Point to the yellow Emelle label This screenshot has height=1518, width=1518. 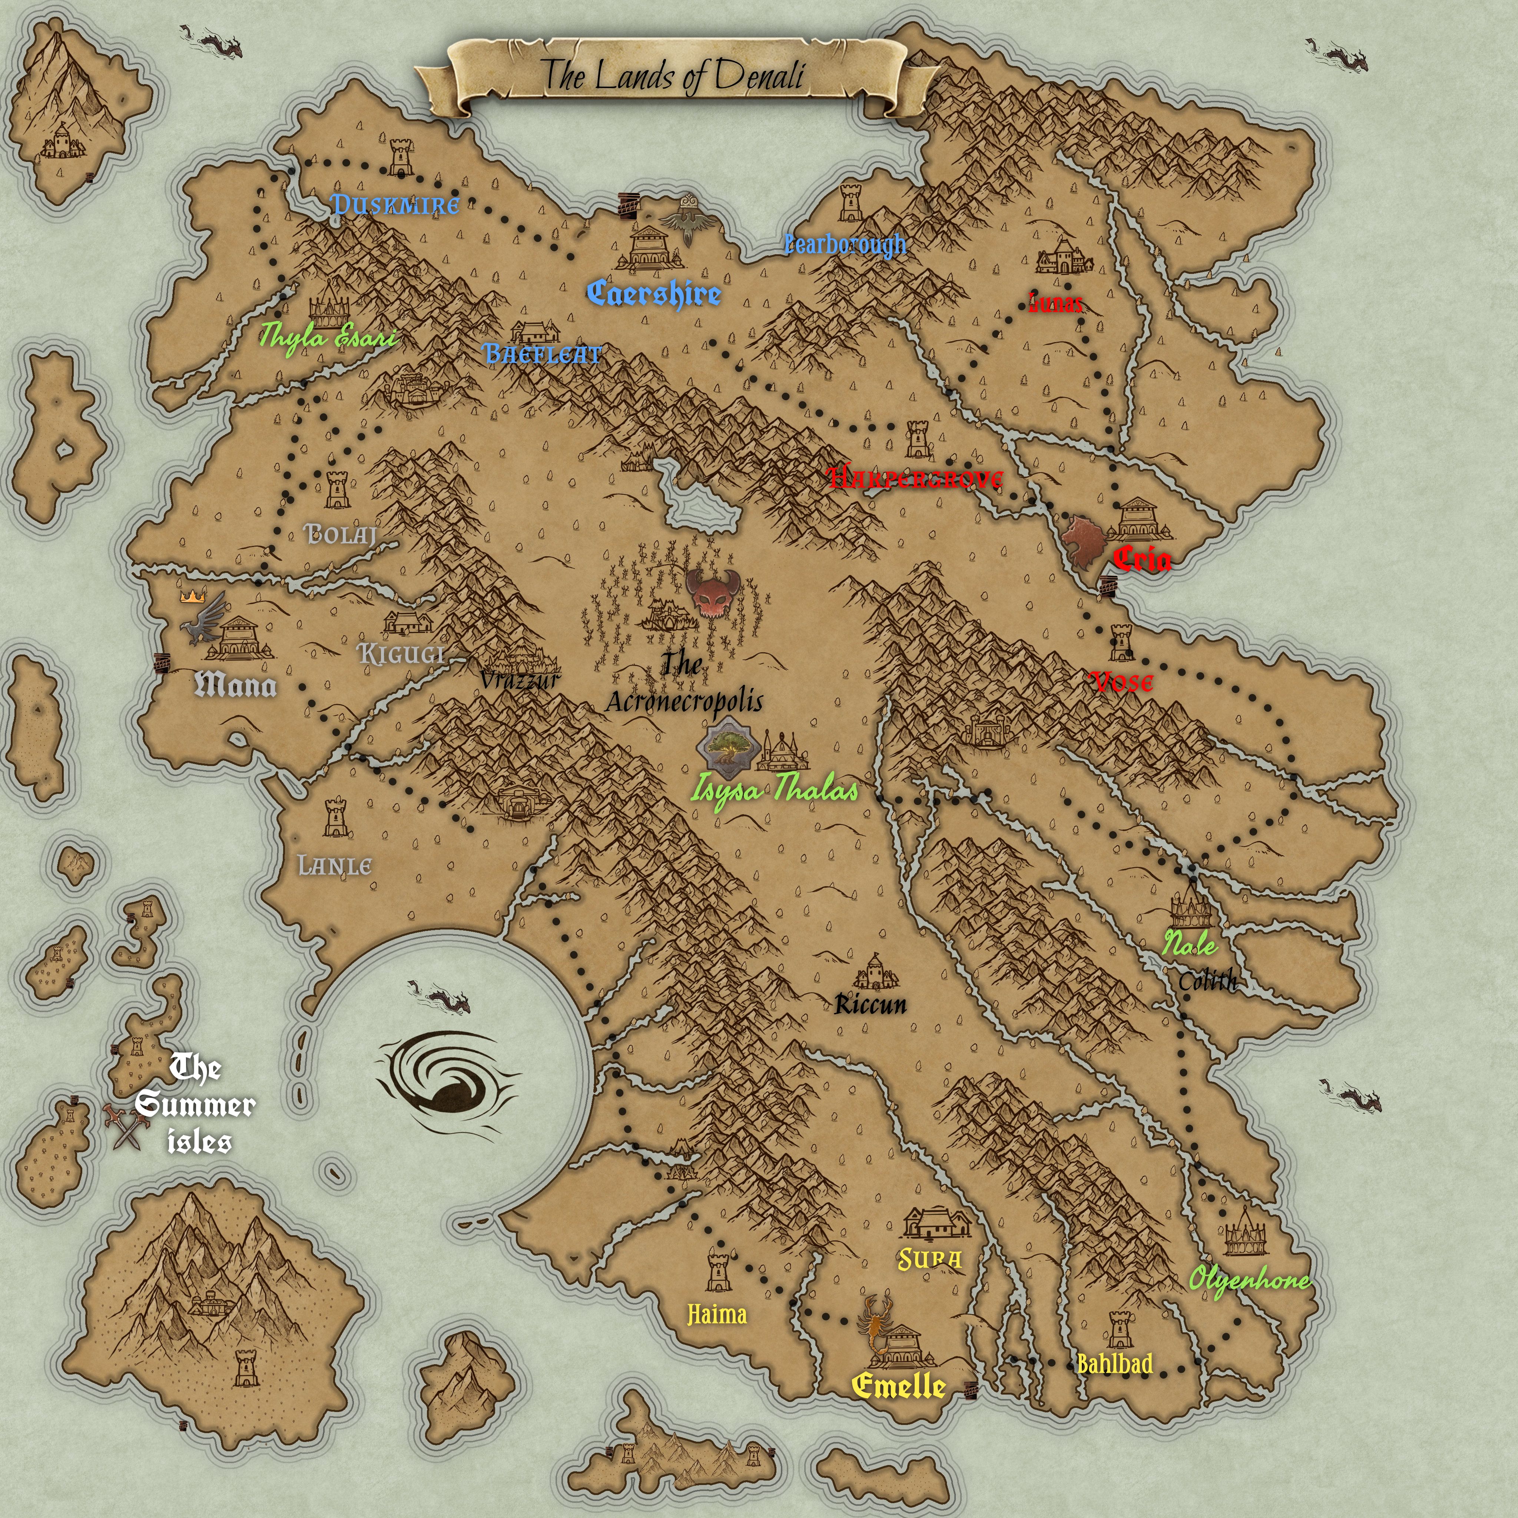[x=898, y=1385]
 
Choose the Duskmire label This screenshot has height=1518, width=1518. [x=395, y=205]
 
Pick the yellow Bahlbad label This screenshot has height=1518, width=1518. [x=1114, y=1363]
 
